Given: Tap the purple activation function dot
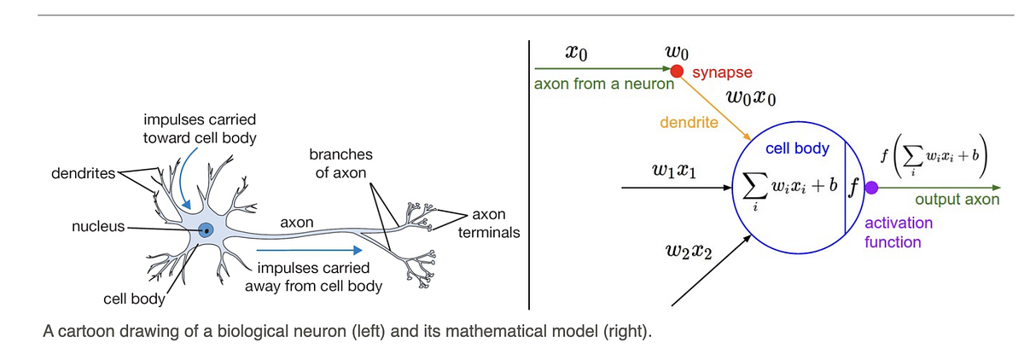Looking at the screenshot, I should [870, 200].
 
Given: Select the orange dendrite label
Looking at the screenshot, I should [689, 123].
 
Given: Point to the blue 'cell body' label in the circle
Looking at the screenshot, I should [797, 148].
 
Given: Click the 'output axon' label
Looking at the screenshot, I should [957, 200].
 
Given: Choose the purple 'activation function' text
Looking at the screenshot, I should [899, 232].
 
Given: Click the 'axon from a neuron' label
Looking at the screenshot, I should [603, 84].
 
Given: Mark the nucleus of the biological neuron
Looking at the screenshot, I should [207, 229].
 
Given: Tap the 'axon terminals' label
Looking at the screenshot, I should [490, 223].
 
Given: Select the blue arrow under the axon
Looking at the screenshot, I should [310, 251].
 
